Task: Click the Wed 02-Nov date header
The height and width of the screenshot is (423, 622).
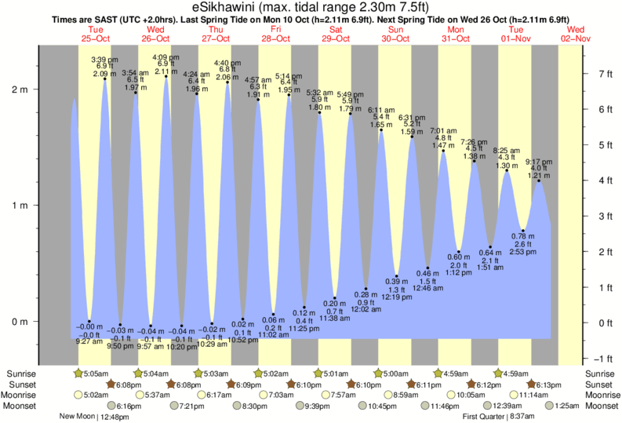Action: [577, 32]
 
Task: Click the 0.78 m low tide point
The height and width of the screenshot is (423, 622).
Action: [523, 231]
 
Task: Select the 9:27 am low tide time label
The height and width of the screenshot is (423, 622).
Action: [89, 341]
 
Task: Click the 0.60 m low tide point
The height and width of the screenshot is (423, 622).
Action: [460, 252]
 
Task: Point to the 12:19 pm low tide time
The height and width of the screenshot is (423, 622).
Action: [397, 297]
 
